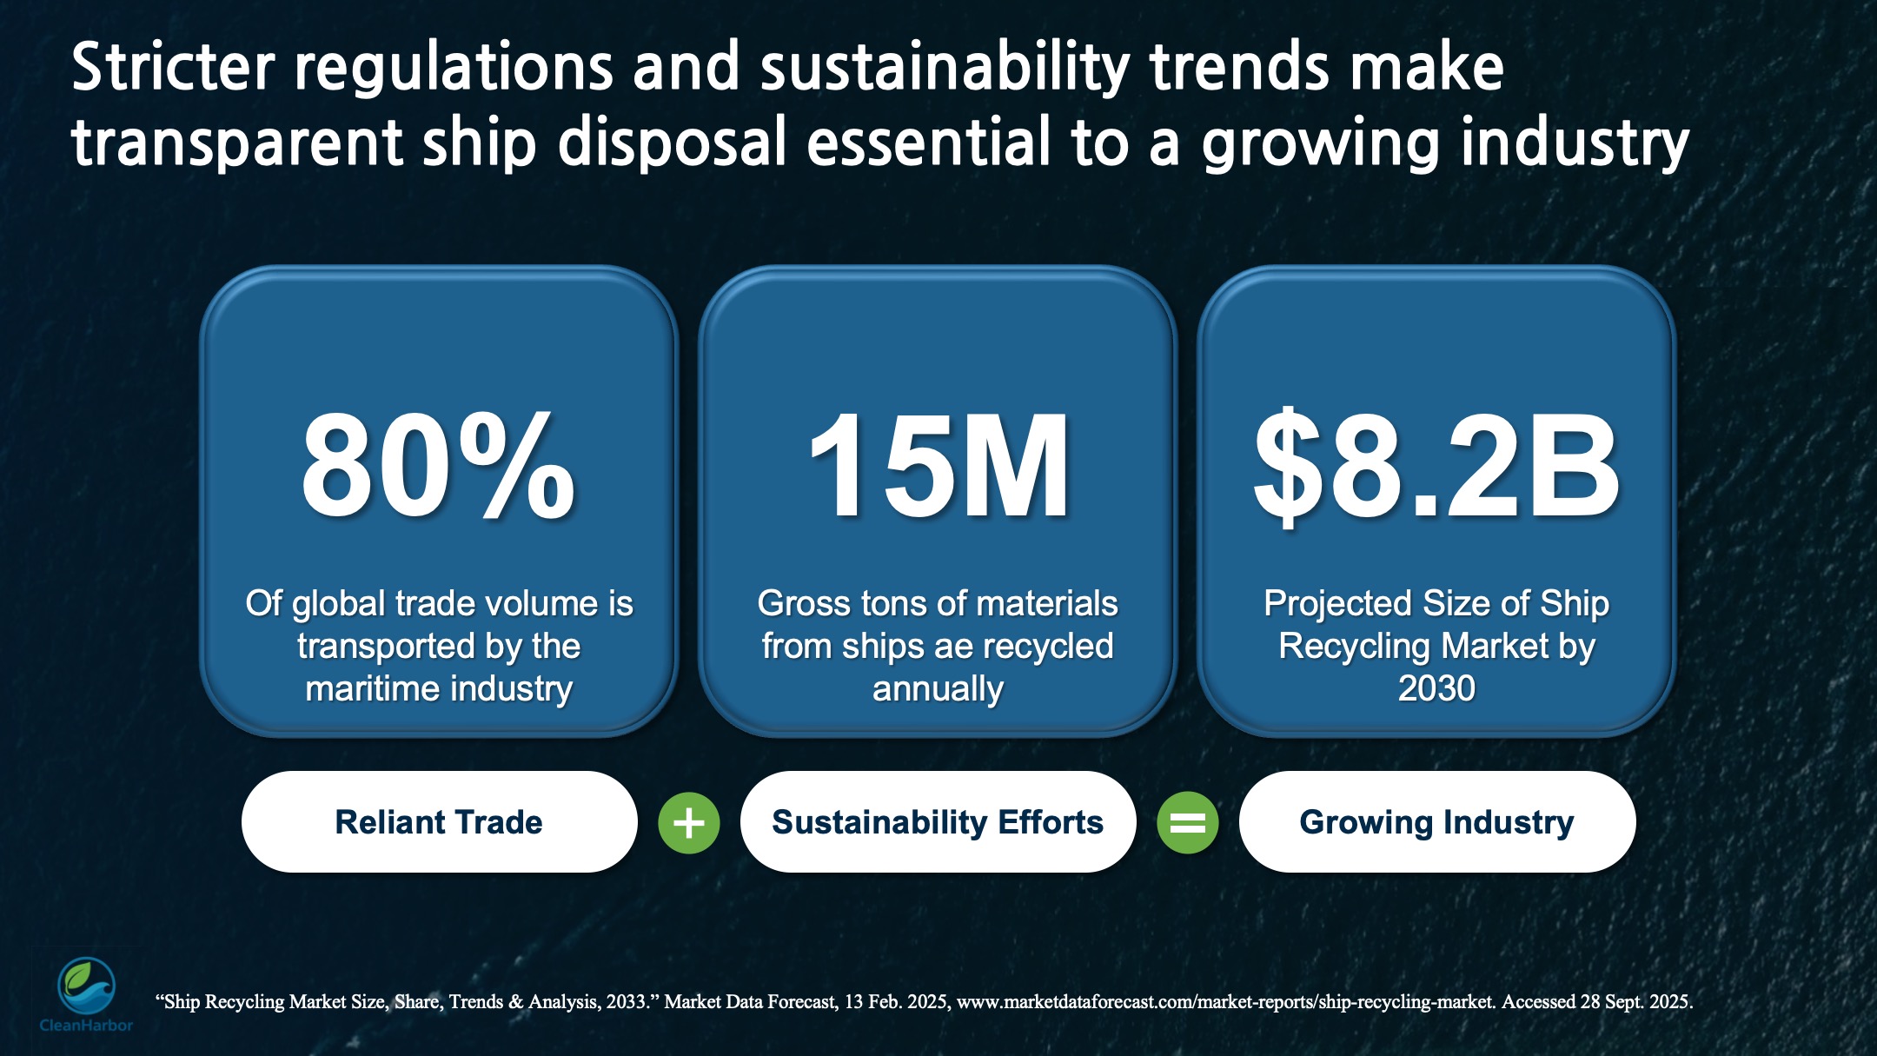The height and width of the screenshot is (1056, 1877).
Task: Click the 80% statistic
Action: [438, 467]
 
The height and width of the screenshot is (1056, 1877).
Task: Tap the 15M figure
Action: [938, 467]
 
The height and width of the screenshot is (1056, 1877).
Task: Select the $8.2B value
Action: [1436, 467]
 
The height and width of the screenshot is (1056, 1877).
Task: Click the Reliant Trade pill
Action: [439, 822]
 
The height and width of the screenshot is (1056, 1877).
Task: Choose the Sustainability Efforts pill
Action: [938, 822]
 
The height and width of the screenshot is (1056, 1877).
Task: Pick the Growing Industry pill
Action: [1436, 822]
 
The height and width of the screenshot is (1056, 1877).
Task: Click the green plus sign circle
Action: [689, 822]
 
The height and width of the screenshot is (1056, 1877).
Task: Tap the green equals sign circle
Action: [1187, 822]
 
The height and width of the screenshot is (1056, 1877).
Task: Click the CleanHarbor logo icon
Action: [86, 986]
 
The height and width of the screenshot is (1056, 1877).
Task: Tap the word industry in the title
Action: [1575, 143]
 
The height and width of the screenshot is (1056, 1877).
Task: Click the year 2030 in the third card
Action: [1436, 688]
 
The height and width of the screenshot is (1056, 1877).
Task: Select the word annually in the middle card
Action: [938, 688]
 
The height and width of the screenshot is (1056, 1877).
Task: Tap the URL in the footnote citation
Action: [1225, 1002]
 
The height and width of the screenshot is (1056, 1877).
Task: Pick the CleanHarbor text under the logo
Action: [86, 1026]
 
